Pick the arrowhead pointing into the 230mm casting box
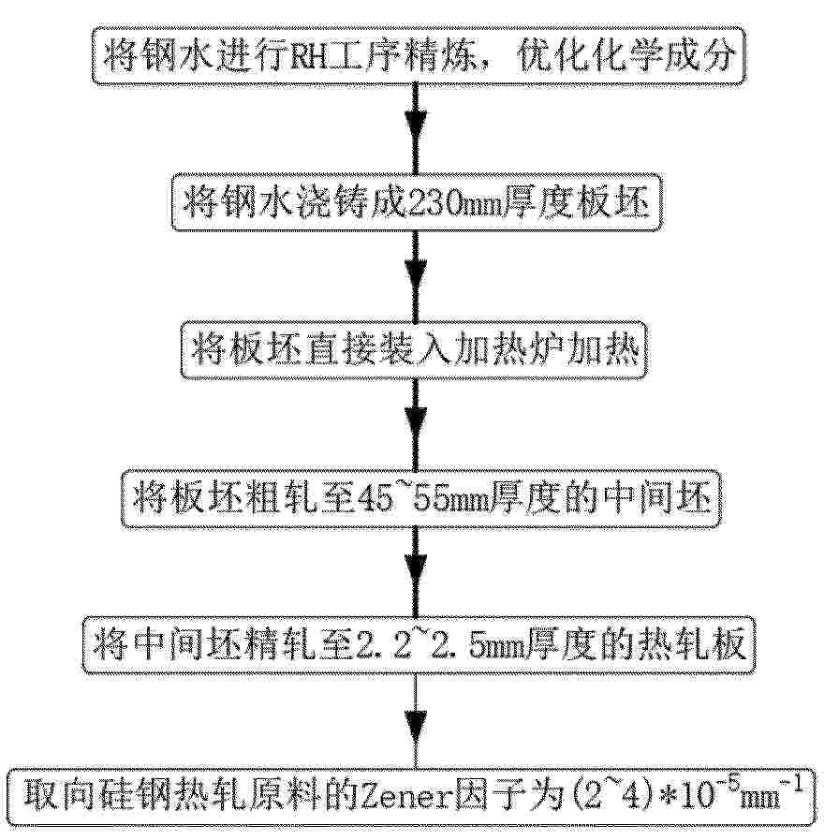(416, 125)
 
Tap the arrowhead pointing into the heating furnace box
(416, 274)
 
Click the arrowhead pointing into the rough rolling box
(416, 423)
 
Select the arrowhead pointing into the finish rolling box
(416, 571)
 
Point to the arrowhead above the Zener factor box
(416, 727)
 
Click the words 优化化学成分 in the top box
(625, 56)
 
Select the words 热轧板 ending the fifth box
(693, 645)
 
